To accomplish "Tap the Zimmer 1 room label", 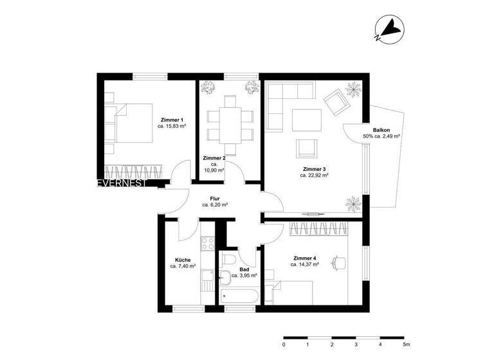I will pos(172,120).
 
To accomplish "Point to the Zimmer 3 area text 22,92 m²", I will pos(315,175).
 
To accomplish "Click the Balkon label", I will pos(372,129).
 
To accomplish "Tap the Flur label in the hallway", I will pos(215,199).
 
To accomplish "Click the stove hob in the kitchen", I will pos(208,244).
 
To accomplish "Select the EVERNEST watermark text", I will pos(122,183).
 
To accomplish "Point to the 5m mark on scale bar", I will pos(405,345).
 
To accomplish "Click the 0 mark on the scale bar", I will pos(284,345).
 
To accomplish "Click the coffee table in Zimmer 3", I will pos(307,120).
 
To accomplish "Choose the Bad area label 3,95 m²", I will pos(244,275).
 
